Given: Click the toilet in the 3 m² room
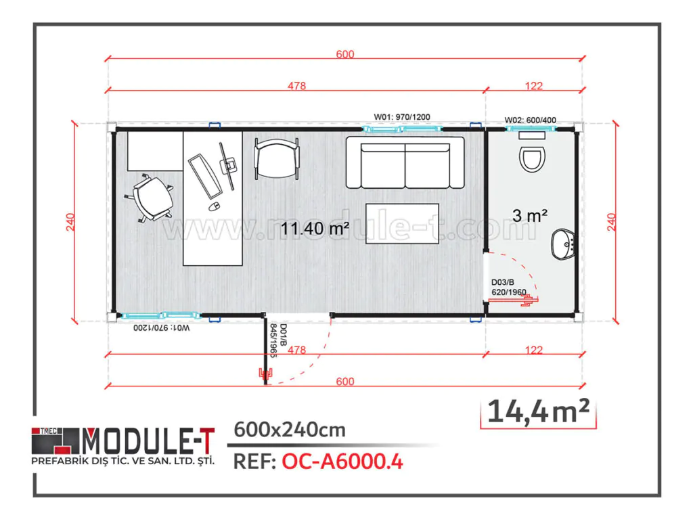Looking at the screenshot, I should [x=532, y=156].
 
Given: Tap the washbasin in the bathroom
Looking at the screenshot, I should [x=563, y=243].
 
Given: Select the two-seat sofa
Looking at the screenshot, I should [x=405, y=162].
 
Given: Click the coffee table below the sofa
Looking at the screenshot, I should [x=402, y=223].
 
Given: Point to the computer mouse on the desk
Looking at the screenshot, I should [x=213, y=205].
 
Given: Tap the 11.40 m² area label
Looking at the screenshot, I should [x=315, y=229].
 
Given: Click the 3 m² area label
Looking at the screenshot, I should [x=529, y=216].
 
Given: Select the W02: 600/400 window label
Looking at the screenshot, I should [x=531, y=120].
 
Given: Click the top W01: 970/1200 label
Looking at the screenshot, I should [x=402, y=116].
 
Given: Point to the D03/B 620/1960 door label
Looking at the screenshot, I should [x=508, y=287].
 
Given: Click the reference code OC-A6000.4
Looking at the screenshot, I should [x=342, y=462].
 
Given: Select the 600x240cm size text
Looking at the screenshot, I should [x=289, y=429].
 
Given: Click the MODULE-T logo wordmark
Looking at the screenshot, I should [x=148, y=442].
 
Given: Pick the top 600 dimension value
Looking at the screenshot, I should [x=344, y=55].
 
